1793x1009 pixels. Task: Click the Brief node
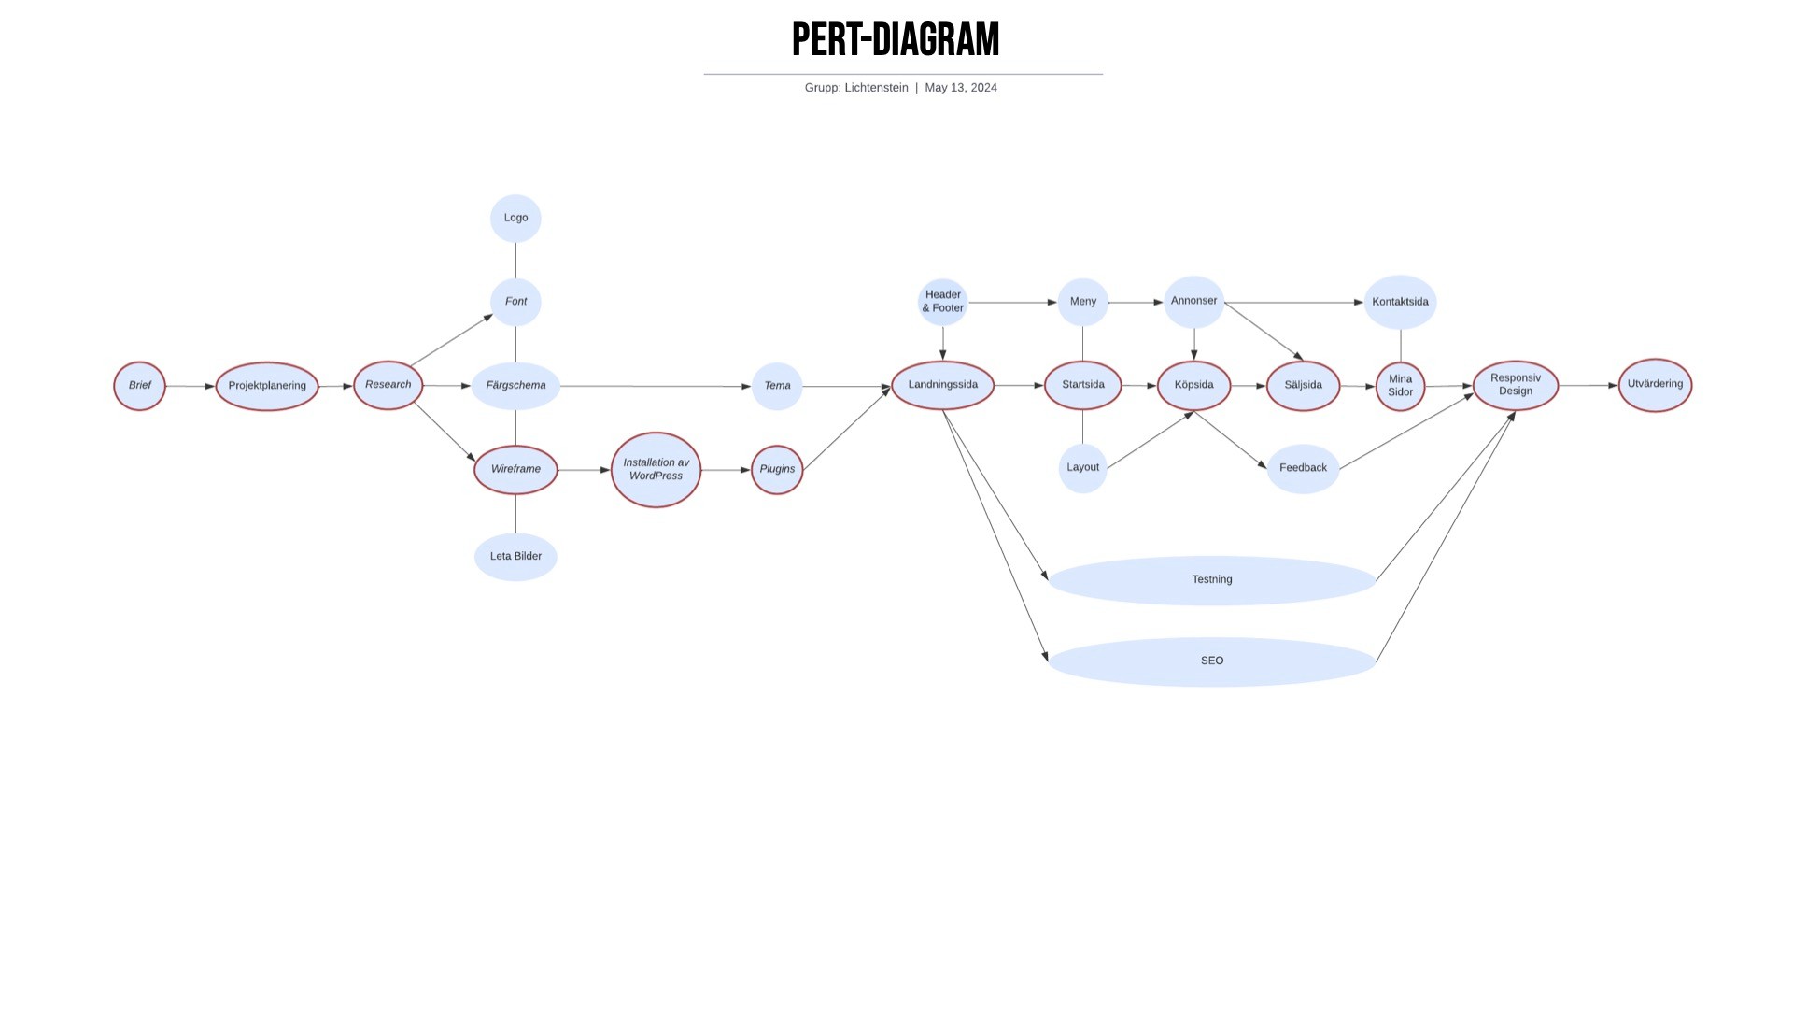point(139,386)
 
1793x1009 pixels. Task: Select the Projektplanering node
point(267,386)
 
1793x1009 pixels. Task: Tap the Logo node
point(515,219)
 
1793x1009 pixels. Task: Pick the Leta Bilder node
point(515,557)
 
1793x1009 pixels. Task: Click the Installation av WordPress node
point(656,470)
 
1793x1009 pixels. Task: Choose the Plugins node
point(777,470)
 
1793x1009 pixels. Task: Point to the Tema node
point(777,386)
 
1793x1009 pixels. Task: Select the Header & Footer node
point(942,302)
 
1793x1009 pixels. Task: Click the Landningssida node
point(942,385)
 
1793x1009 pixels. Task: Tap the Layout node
point(1082,468)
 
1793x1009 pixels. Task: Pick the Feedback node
point(1303,468)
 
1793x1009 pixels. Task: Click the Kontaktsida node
point(1400,302)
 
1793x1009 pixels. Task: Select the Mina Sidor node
point(1400,386)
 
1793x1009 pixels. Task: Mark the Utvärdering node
point(1655,384)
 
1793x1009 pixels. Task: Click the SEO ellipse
point(1211,661)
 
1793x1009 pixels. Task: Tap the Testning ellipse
point(1211,580)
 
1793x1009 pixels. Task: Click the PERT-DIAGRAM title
point(896,40)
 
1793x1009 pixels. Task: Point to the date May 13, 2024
point(961,88)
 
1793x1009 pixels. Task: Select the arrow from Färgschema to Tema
point(654,386)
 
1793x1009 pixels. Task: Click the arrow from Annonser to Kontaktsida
point(1293,303)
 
